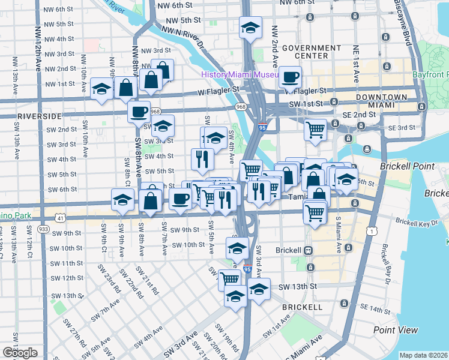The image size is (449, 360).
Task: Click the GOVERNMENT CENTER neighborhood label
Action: click(x=311, y=52)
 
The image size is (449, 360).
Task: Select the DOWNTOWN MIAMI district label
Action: click(x=381, y=101)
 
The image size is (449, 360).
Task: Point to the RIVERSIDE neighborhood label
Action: click(x=40, y=115)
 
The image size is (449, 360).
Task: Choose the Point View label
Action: click(x=396, y=330)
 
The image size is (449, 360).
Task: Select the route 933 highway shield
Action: click(x=43, y=229)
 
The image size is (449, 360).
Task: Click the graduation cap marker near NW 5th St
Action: click(x=250, y=28)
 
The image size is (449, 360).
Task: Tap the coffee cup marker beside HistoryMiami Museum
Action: click(x=291, y=77)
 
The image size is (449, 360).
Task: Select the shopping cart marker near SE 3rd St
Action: click(x=315, y=129)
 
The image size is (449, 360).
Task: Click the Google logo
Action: click(x=20, y=353)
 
